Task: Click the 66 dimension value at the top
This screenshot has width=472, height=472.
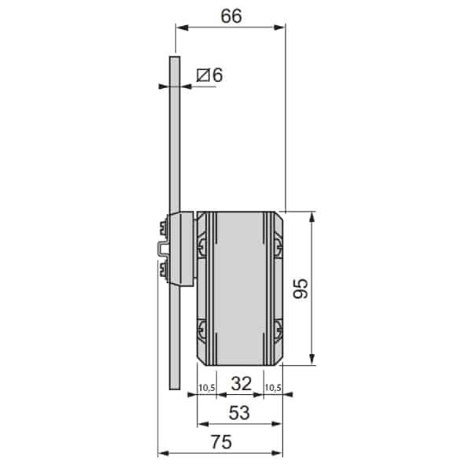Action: point(231,17)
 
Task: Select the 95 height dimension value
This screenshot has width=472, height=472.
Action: point(301,289)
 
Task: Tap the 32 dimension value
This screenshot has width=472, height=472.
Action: point(242,384)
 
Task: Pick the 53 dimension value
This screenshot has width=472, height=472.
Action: point(239,413)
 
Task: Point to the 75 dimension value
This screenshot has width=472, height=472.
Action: point(221,442)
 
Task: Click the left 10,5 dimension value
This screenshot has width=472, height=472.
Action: point(207,388)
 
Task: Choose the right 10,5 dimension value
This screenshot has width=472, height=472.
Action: point(273,388)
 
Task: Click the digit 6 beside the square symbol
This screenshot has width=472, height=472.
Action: point(218,75)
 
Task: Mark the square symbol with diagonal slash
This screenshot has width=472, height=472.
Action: point(203,76)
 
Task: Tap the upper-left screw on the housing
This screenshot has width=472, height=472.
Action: point(202,247)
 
